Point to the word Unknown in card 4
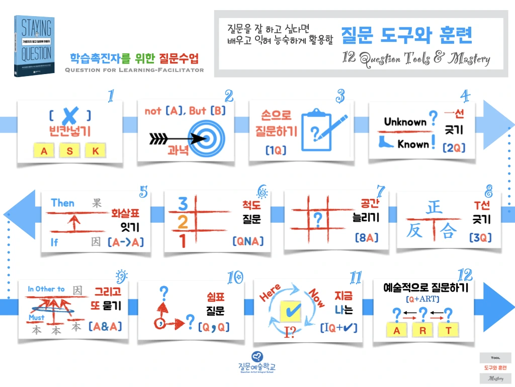pos(405,121)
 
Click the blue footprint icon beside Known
pos(387,143)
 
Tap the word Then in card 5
pos(62,203)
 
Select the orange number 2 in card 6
pos(184,222)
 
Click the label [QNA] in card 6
pos(248,241)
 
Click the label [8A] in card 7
pos(366,237)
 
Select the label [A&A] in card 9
pos(105,326)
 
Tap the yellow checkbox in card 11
pos(290,312)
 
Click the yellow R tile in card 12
pos(423,331)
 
